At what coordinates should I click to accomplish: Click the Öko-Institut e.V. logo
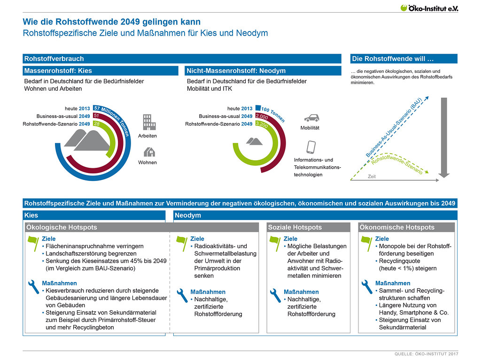[429, 8]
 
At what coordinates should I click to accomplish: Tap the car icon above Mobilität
[311, 118]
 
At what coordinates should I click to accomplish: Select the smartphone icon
[311, 147]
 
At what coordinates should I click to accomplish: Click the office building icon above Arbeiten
[149, 122]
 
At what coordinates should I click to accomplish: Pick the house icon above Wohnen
[149, 152]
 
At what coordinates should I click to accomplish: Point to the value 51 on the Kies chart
[96, 116]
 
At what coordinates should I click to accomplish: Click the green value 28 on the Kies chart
[97, 124]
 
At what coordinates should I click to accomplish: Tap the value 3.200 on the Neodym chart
[262, 125]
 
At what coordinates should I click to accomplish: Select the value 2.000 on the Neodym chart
[262, 117]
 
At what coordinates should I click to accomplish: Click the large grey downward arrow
[444, 138]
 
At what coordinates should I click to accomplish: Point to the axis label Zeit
[372, 176]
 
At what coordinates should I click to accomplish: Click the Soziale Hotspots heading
[295, 227]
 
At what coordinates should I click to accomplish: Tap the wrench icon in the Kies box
[33, 286]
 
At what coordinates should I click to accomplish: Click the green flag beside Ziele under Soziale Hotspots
[275, 243]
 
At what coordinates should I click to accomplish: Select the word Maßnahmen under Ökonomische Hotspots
[393, 283]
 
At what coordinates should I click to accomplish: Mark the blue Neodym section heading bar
[315, 215]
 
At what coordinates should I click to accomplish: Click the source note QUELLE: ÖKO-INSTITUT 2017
[427, 354]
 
